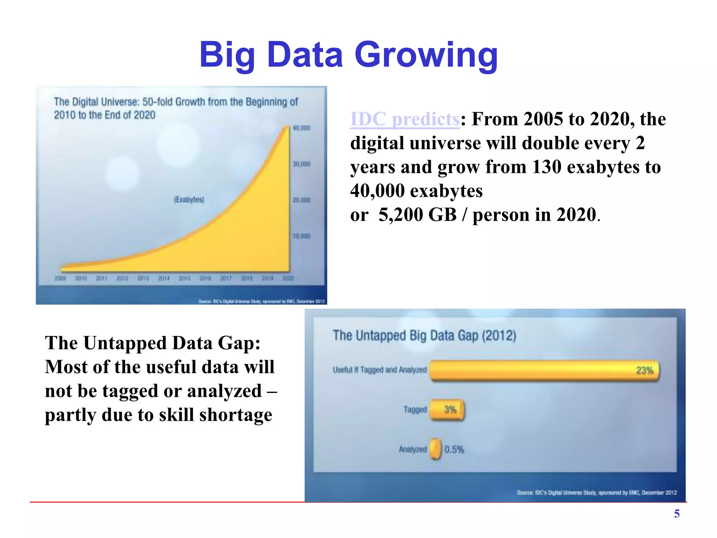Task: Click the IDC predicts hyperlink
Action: (x=405, y=119)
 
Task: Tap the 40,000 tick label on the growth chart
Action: (x=301, y=128)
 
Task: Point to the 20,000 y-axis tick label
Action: (x=301, y=200)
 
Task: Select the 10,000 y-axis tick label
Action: (x=301, y=236)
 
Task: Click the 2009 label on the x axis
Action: (x=60, y=278)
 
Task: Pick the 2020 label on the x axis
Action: (x=288, y=278)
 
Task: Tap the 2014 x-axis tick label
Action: (x=164, y=278)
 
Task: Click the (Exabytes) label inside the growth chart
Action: (x=189, y=200)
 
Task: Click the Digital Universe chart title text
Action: (x=175, y=108)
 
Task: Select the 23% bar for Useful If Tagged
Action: (x=544, y=371)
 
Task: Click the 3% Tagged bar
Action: (x=447, y=410)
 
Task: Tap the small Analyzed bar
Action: (x=436, y=449)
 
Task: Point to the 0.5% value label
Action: (x=454, y=449)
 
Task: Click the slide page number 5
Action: (x=677, y=514)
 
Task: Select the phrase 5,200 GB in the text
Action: (x=418, y=215)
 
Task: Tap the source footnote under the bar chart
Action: (x=596, y=493)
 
